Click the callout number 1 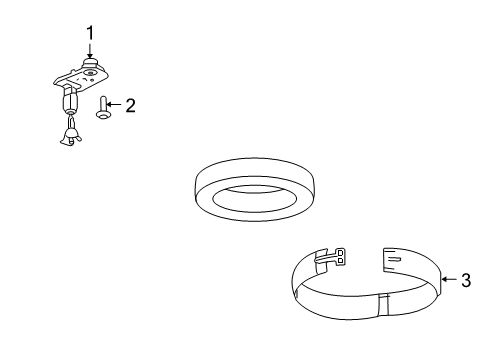coord(90,34)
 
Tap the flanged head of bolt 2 coord(104,115)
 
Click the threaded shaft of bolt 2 coord(104,103)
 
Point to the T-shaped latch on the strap coord(337,259)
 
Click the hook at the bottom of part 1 coord(69,138)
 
